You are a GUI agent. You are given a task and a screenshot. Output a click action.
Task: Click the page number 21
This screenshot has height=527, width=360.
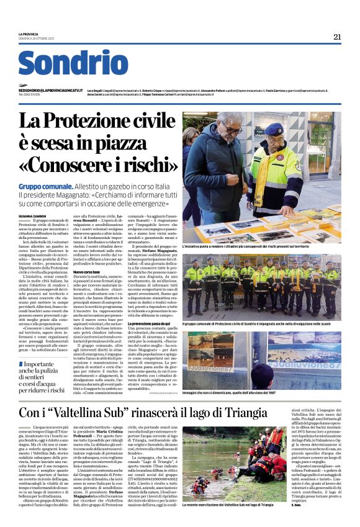(337, 37)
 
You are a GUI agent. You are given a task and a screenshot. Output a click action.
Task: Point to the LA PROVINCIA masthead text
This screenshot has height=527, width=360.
(29, 34)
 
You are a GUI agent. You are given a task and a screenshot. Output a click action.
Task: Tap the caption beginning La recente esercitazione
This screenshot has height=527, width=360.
(228, 505)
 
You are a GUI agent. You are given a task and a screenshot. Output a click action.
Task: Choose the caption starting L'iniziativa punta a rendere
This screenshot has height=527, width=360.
(259, 246)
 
